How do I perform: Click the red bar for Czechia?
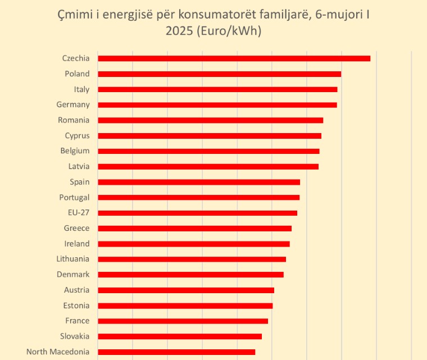pyautogui.click(x=234, y=58)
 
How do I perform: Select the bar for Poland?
pyautogui.click(x=219, y=74)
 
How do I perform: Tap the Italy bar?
pyautogui.click(x=217, y=89)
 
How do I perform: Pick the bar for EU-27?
pyautogui.click(x=197, y=213)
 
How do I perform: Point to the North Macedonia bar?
pyautogui.click(x=176, y=352)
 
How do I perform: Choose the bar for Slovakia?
pyautogui.click(x=180, y=336)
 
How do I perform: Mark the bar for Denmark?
pyautogui.click(x=190, y=275)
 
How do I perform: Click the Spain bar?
pyautogui.click(x=199, y=182)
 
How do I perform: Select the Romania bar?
pyautogui.click(x=210, y=120)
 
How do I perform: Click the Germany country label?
pyautogui.click(x=73, y=104)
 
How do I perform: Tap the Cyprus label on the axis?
pyautogui.click(x=77, y=135)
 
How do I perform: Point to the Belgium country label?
pyautogui.click(x=75, y=151)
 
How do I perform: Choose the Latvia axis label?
pyautogui.click(x=78, y=166)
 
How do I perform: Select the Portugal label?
pyautogui.click(x=74, y=197)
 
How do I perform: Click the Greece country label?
pyautogui.click(x=76, y=228)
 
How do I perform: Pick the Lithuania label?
pyautogui.click(x=72, y=259)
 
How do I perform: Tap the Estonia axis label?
pyautogui.click(x=76, y=306)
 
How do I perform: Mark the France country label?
pyautogui.click(x=77, y=321)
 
